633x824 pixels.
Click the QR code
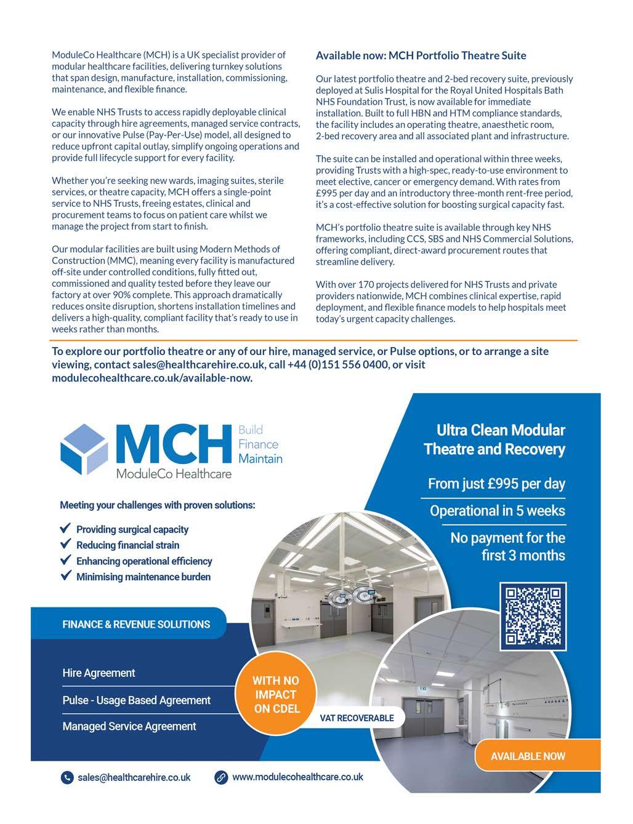(533, 617)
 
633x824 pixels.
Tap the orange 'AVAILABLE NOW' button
(528, 756)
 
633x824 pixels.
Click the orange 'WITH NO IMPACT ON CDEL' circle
(276, 695)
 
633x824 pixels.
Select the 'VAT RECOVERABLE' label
(357, 718)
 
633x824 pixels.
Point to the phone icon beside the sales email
(67, 778)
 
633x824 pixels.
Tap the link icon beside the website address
(221, 777)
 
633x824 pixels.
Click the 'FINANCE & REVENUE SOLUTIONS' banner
(136, 624)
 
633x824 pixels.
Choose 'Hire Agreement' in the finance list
(99, 673)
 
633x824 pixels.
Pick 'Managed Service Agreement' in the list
(129, 726)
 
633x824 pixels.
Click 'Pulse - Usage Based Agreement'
(136, 700)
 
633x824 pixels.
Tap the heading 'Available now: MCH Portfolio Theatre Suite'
(421, 55)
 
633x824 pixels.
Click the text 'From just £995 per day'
(496, 484)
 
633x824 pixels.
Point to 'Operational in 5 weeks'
(497, 511)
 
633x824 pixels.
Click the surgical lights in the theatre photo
(349, 594)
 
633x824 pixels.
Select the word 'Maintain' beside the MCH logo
(260, 458)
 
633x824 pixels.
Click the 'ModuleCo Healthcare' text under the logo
(174, 474)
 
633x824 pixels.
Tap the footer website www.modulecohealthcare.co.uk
(297, 777)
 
